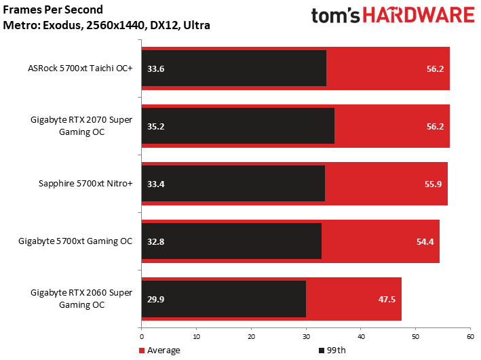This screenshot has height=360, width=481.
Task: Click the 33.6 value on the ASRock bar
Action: point(155,68)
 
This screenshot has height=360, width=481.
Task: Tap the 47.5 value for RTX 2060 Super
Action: point(386,299)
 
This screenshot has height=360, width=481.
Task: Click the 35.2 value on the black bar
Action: point(155,126)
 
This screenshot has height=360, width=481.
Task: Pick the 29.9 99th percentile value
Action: point(155,299)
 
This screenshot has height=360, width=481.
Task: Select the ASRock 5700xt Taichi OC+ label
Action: point(80,68)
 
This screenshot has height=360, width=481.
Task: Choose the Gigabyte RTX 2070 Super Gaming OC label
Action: point(81,126)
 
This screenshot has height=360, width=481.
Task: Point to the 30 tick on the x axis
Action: point(306,336)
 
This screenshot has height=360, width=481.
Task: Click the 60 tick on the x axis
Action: point(470,336)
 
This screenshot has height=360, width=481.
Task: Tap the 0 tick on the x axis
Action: point(142,336)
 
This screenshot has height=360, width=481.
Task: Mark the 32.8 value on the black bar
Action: point(155,241)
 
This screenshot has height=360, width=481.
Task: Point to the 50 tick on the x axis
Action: point(415,336)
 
